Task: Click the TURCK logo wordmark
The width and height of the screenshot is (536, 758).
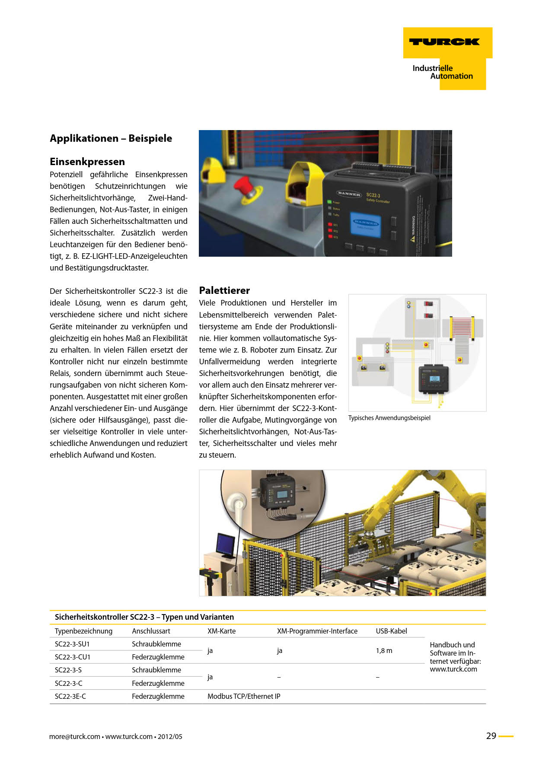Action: tap(444, 42)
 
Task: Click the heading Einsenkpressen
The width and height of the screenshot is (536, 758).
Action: tap(87, 162)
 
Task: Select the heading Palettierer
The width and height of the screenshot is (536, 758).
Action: tap(224, 290)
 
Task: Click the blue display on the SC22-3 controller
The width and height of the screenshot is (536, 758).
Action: tap(365, 224)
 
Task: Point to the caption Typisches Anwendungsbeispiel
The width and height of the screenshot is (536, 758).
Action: tap(389, 418)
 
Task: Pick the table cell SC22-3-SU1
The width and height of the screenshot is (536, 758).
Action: tap(72, 644)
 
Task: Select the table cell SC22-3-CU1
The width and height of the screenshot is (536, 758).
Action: tap(73, 657)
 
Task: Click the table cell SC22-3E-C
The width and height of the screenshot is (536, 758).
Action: tap(70, 696)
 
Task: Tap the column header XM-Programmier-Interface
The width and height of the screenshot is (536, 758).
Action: tap(317, 631)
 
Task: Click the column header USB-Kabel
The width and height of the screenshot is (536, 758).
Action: tap(391, 631)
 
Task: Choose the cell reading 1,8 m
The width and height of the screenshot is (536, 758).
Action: tap(384, 650)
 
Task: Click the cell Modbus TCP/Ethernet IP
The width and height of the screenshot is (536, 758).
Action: tap(244, 696)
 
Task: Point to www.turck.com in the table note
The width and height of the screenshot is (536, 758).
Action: tap(453, 669)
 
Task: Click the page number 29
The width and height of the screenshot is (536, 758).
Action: tap(491, 736)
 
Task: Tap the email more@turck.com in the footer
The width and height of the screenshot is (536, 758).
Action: tap(74, 736)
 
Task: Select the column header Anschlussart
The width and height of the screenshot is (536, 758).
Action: tap(151, 631)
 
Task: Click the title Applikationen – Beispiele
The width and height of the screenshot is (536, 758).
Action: tap(111, 138)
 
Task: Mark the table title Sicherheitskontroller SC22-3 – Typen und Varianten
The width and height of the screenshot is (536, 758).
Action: tap(144, 617)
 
